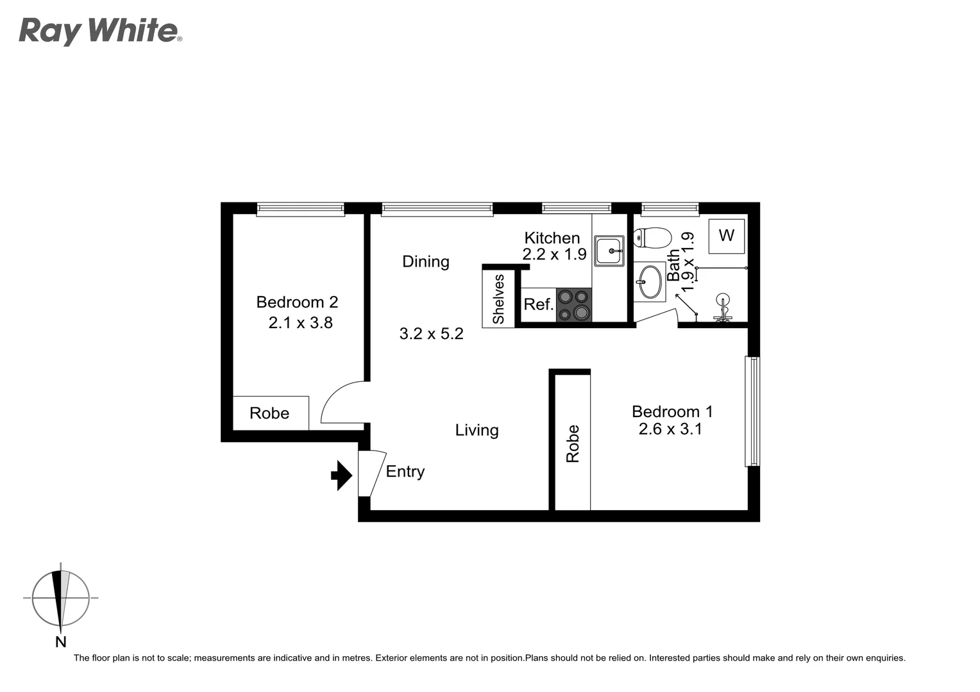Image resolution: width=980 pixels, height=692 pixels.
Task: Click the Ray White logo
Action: pos(100,31)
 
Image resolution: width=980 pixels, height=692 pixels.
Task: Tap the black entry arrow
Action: pos(341,475)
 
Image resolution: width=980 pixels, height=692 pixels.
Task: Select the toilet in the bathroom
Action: pos(652,238)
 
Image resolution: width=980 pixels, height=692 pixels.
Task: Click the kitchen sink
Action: pos(609,250)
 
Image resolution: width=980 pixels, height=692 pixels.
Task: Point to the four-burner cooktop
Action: pos(573,305)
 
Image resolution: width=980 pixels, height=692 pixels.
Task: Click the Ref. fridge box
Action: pos(538,304)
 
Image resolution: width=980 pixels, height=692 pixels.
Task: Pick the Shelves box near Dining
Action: pos(498,299)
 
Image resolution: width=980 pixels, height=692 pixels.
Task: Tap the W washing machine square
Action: pos(726,236)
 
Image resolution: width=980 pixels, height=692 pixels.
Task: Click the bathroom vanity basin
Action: pos(650,282)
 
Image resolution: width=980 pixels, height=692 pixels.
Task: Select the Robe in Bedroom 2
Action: pos(270,413)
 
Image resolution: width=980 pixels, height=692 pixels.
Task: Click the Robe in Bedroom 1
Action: pos(573,443)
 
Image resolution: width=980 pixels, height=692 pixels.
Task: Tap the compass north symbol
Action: pos(60,599)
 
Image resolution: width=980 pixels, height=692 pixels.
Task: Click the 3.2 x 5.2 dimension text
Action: pos(431,334)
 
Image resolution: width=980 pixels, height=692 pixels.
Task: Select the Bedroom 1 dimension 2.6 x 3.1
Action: pos(670,429)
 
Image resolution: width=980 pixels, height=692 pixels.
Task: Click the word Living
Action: pos(477,430)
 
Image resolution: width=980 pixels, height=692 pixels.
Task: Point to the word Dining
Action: pos(425,261)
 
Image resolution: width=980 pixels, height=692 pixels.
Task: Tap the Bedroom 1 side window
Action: pos(752,411)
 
